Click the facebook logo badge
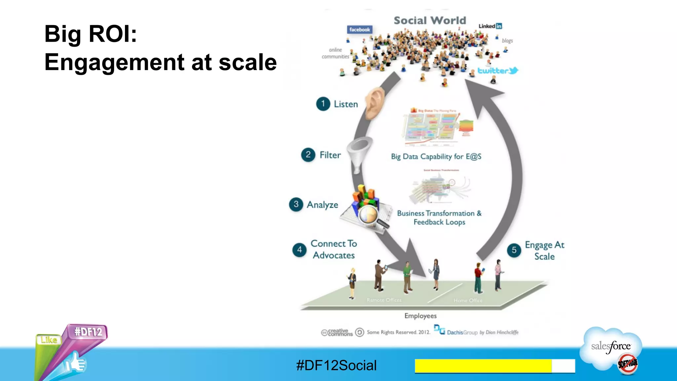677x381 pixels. point(360,29)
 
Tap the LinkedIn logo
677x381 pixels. point(490,26)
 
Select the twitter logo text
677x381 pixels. point(497,70)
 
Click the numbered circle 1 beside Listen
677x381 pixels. point(323,104)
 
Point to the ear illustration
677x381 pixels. point(376,103)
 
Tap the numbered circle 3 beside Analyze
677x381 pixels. point(296,204)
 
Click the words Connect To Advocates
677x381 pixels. point(334,249)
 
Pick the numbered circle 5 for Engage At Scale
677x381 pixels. point(514,250)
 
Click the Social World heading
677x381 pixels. point(430,21)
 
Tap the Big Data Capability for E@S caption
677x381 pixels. point(436,156)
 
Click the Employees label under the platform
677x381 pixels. point(420,316)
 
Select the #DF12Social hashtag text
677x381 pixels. point(336,365)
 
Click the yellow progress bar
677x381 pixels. point(483,366)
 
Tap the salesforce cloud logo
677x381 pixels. point(611,347)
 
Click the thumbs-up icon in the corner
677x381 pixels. point(76,363)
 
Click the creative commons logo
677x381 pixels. point(337,332)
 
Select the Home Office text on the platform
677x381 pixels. point(468,300)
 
